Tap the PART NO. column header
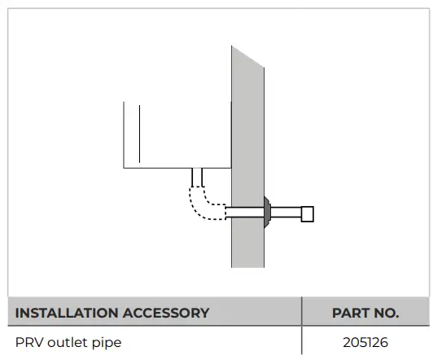coord(365,313)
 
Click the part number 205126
coord(365,343)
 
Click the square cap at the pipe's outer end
coord(308,214)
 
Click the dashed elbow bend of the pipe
coord(199,204)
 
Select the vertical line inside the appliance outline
coord(139,134)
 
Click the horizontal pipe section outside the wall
coord(287,213)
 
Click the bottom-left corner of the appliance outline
coord(124,168)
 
